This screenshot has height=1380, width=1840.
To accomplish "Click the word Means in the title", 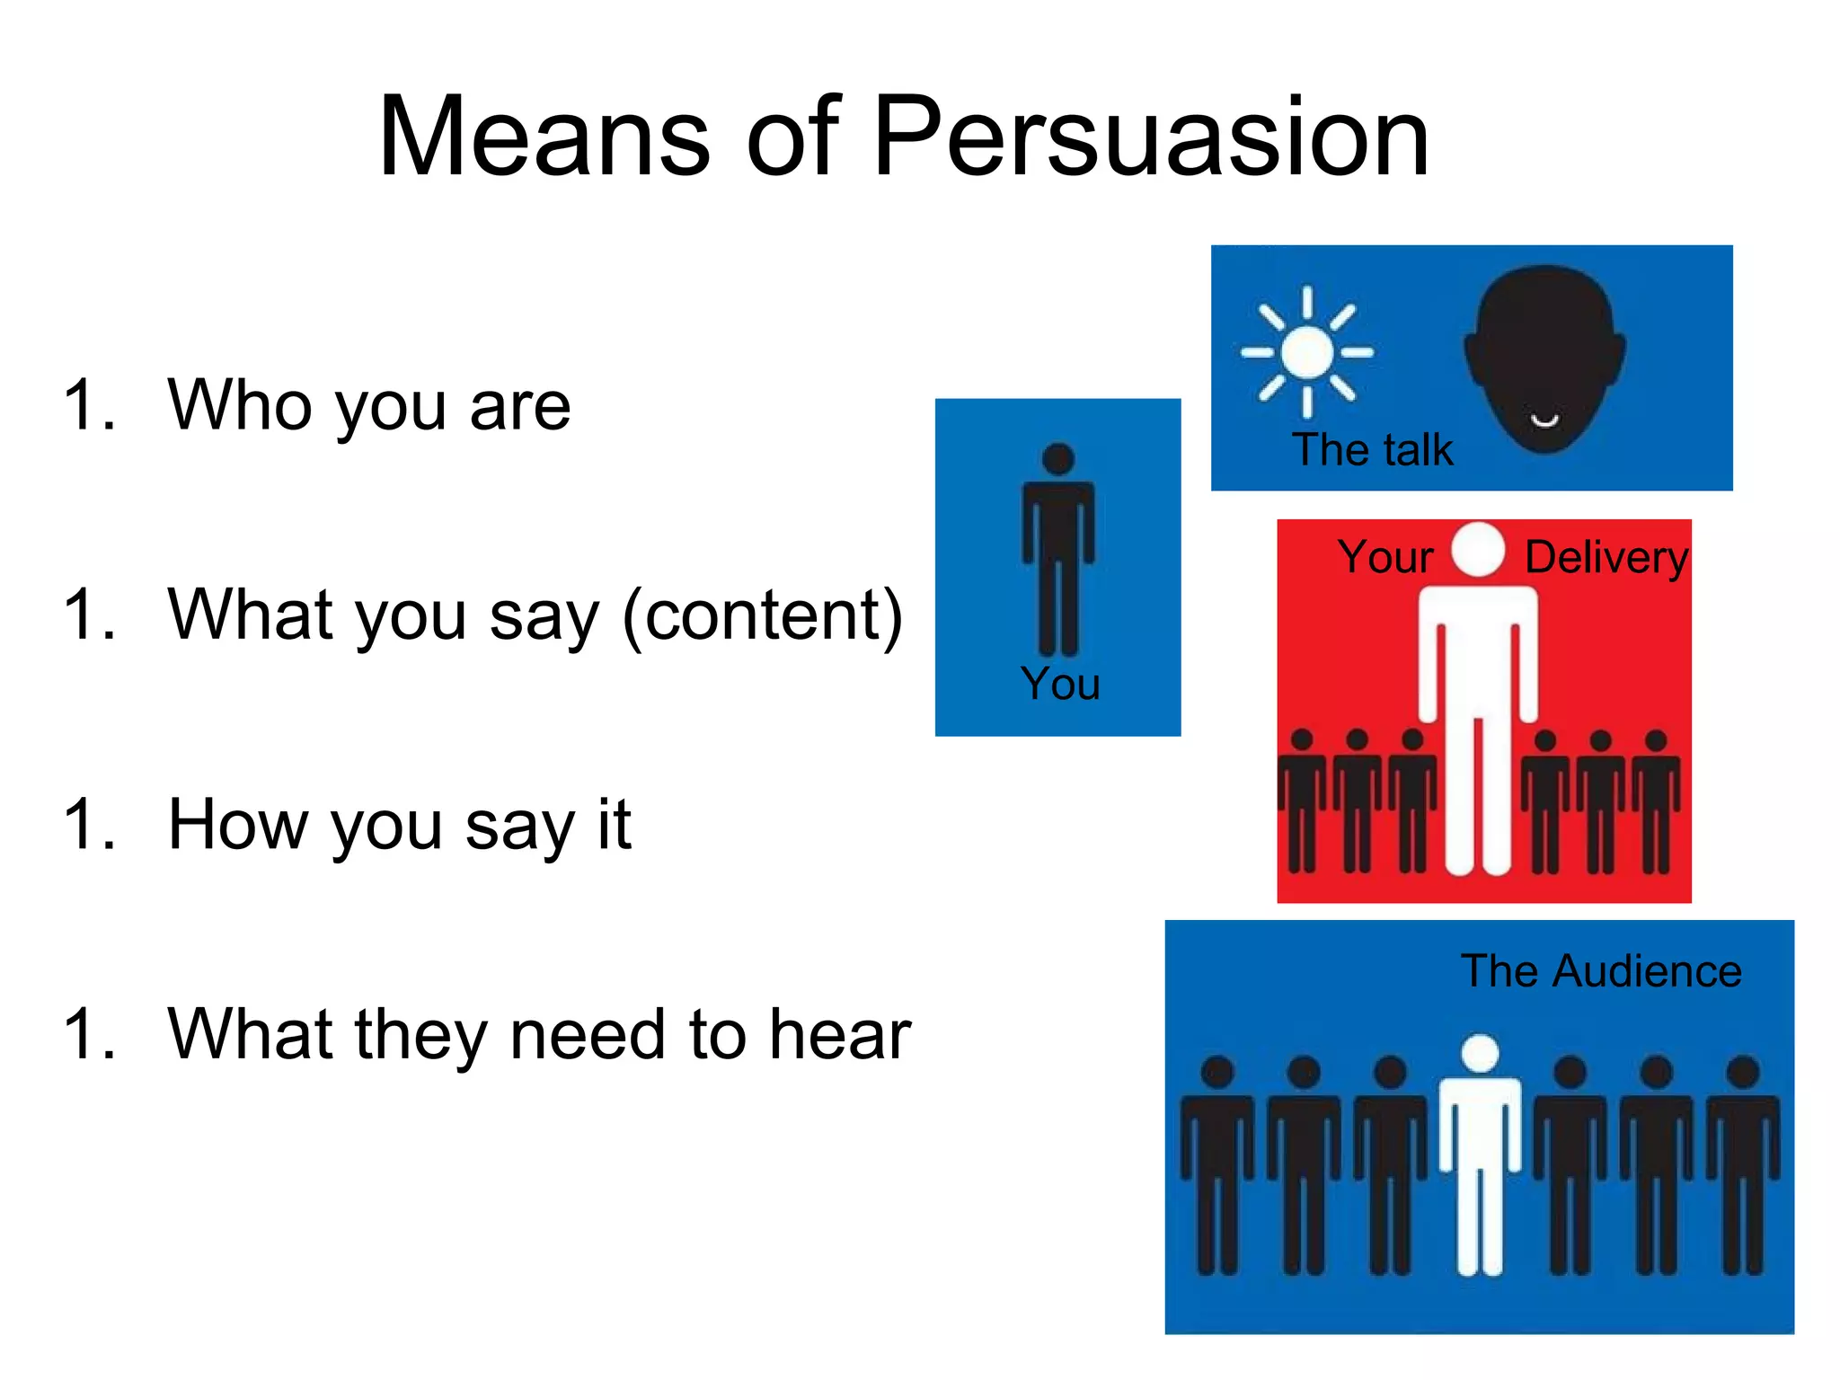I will tap(544, 137).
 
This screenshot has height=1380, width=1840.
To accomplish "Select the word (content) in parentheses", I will tap(762, 615).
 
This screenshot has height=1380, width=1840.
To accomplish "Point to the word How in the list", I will tap(237, 824).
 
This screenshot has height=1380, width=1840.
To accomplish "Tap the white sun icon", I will tap(1307, 352).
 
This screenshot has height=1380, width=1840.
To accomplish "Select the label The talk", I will tap(1372, 449).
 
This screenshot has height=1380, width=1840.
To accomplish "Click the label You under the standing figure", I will tap(1060, 684).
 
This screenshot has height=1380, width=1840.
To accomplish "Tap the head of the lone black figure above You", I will tap(1058, 458).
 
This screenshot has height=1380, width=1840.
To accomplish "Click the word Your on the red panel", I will tap(1384, 557).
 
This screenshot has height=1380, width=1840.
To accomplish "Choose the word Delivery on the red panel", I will tap(1606, 557).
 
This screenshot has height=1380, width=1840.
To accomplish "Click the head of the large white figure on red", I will tap(1478, 548).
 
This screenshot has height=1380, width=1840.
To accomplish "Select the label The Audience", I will tap(1601, 971).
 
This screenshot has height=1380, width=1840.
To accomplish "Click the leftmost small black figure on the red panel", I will tap(1302, 800).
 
